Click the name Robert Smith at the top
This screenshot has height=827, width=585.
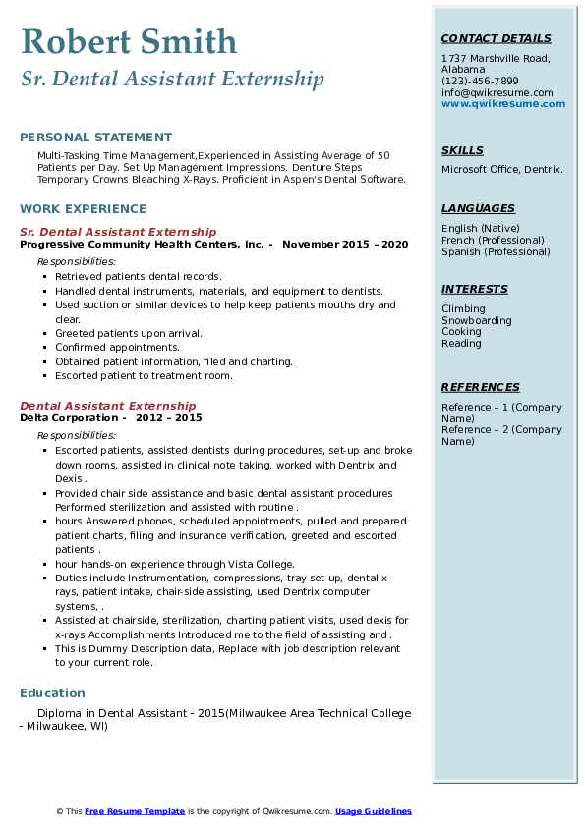pyautogui.click(x=128, y=41)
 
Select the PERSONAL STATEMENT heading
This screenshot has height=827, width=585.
pyautogui.click(x=95, y=138)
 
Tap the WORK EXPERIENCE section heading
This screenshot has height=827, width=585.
pyautogui.click(x=83, y=208)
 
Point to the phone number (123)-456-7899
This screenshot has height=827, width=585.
pyautogui.click(x=480, y=81)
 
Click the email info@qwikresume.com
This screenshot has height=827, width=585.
pyautogui.click(x=497, y=92)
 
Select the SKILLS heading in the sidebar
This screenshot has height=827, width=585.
pyautogui.click(x=462, y=150)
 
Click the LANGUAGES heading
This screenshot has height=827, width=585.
pyautogui.click(x=478, y=208)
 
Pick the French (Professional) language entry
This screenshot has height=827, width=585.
pyautogui.click(x=494, y=240)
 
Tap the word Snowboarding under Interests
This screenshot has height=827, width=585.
pyautogui.click(x=476, y=320)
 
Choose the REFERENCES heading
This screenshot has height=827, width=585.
pyautogui.click(x=481, y=387)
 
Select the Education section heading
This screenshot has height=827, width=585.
pyautogui.click(x=52, y=692)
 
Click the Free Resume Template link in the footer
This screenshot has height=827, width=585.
pyautogui.click(x=135, y=811)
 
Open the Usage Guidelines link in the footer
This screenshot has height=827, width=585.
pyautogui.click(x=373, y=811)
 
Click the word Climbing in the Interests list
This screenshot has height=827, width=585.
pyautogui.click(x=463, y=308)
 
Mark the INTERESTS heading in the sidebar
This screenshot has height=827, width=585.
pyautogui.click(x=475, y=289)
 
